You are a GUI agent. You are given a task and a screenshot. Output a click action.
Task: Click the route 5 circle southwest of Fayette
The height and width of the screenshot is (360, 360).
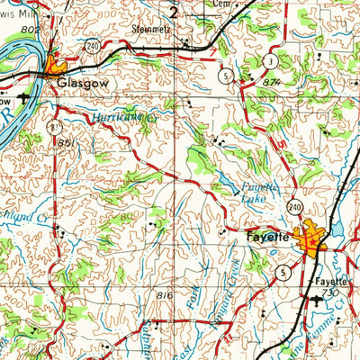283,271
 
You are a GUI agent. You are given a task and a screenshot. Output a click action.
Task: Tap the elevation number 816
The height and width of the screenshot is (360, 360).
164,295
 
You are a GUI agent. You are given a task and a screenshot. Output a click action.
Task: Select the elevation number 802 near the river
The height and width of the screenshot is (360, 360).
30,31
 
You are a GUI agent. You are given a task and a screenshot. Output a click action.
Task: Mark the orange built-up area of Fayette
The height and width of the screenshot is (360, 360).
315,238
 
